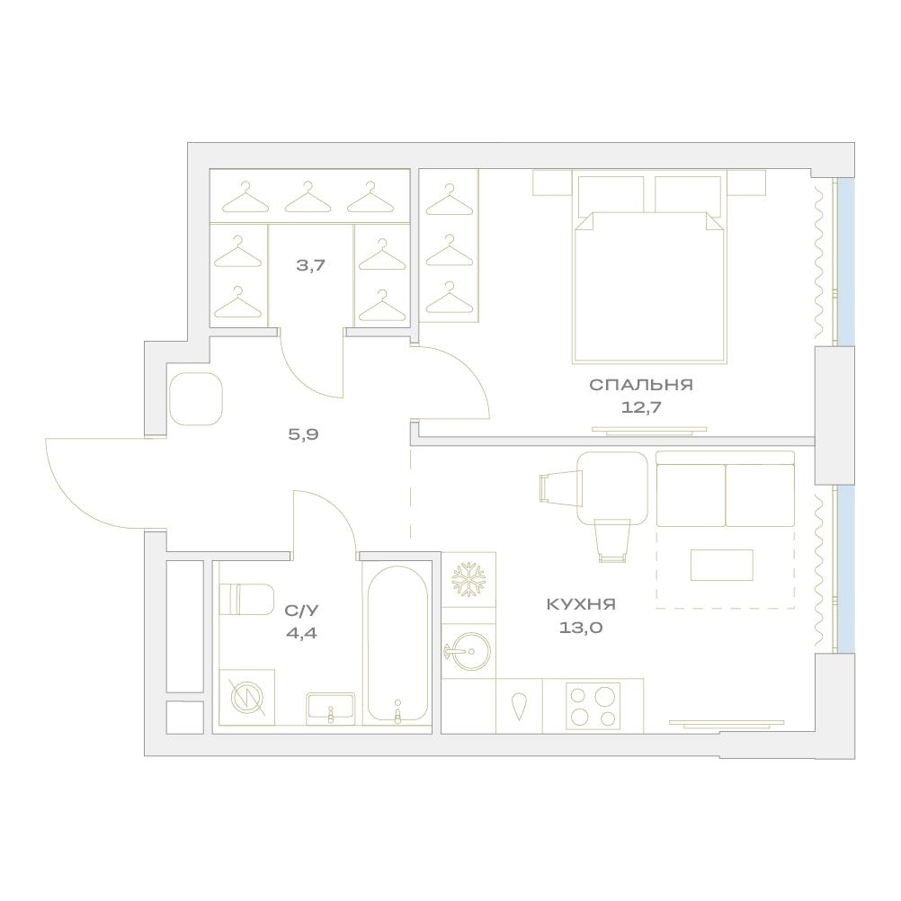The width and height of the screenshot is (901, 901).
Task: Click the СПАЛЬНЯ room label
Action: (641, 385)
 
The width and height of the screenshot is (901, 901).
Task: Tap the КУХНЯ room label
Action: (581, 604)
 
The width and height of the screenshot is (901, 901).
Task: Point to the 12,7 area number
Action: (641, 407)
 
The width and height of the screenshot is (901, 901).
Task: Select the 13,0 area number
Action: (581, 628)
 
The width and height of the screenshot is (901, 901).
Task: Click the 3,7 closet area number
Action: (311, 265)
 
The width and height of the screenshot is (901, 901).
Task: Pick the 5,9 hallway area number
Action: (303, 434)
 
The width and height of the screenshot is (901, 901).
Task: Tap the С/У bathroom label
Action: (301, 611)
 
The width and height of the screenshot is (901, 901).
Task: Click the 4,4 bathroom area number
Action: (301, 633)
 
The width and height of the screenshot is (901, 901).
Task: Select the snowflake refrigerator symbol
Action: (468, 579)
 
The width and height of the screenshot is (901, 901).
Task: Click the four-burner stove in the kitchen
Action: (593, 707)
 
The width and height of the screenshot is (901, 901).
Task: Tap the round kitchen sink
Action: (468, 651)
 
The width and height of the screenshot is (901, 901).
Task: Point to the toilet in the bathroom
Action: (247, 600)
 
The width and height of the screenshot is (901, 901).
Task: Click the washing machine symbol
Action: (247, 697)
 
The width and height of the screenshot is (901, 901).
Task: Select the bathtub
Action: (397, 643)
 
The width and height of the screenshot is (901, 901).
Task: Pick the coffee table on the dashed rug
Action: (722, 565)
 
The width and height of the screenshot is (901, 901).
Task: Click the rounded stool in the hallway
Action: (195, 398)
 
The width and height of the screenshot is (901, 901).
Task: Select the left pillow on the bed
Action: (611, 194)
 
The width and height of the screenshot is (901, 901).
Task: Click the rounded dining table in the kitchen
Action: (612, 488)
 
